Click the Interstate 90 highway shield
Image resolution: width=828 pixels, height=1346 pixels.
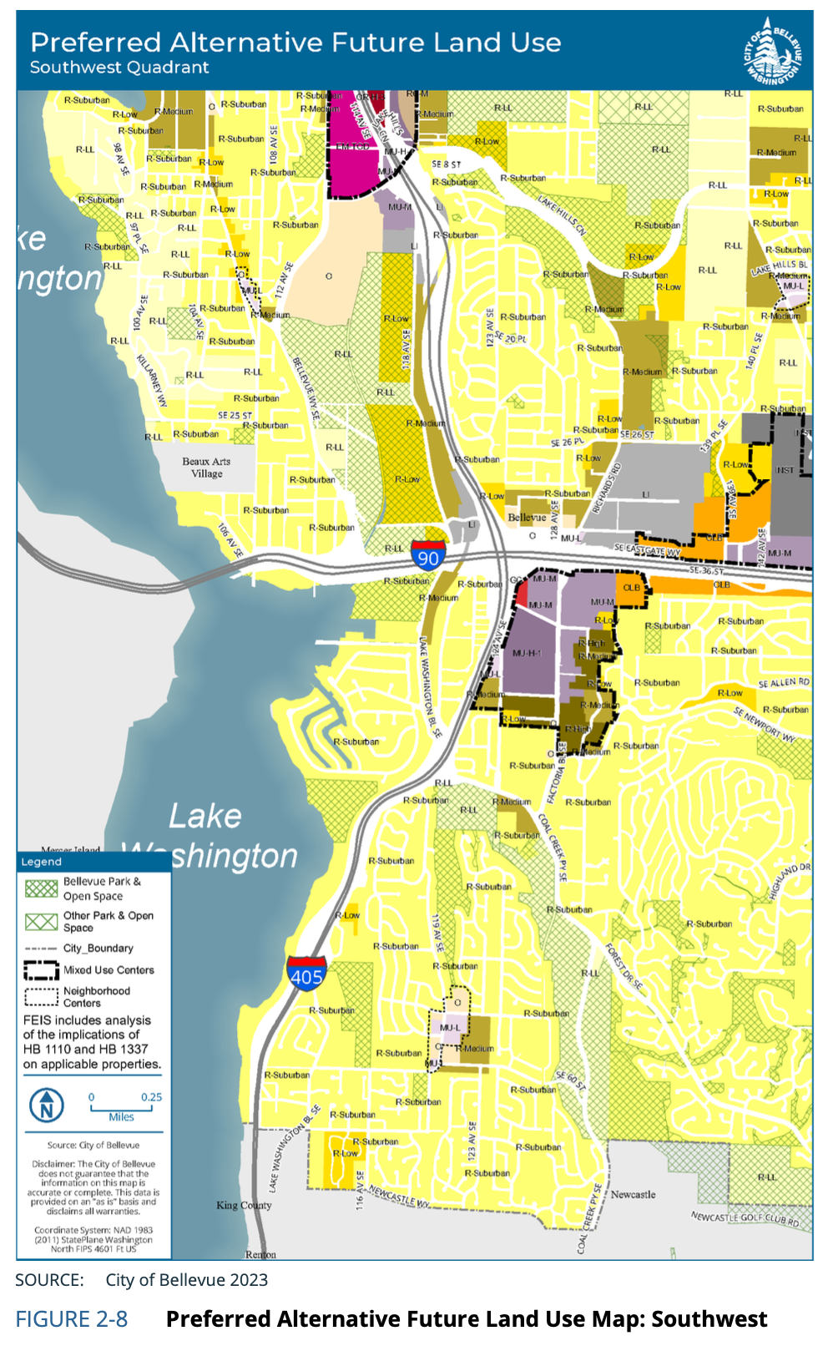[x=428, y=556]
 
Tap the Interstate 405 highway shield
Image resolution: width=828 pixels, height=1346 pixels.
[x=306, y=974]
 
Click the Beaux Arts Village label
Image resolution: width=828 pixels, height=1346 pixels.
[x=206, y=468]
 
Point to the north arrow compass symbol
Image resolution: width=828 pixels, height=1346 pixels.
[x=47, y=1106]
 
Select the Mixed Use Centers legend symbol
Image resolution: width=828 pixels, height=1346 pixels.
[x=41, y=970]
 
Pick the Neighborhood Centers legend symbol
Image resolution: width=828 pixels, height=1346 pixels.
[x=41, y=997]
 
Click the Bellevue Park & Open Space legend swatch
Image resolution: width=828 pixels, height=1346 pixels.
[x=41, y=888]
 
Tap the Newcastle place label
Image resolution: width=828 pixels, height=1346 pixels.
[x=633, y=1195]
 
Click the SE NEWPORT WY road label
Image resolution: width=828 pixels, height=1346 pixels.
[x=765, y=724]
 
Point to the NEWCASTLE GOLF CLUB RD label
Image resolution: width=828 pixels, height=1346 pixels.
[x=745, y=1219]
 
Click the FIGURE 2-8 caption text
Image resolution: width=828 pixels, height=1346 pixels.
[x=72, y=1319]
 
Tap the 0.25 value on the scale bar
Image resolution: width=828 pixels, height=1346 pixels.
[x=151, y=1097]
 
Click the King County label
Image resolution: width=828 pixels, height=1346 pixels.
[x=244, y=1206]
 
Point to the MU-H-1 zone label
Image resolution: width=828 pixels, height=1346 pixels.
[x=528, y=654]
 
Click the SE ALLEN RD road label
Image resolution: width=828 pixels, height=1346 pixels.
[x=783, y=683]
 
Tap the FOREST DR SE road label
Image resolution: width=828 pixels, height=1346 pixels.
[x=624, y=966]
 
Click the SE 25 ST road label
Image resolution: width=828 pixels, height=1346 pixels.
[x=235, y=415]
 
